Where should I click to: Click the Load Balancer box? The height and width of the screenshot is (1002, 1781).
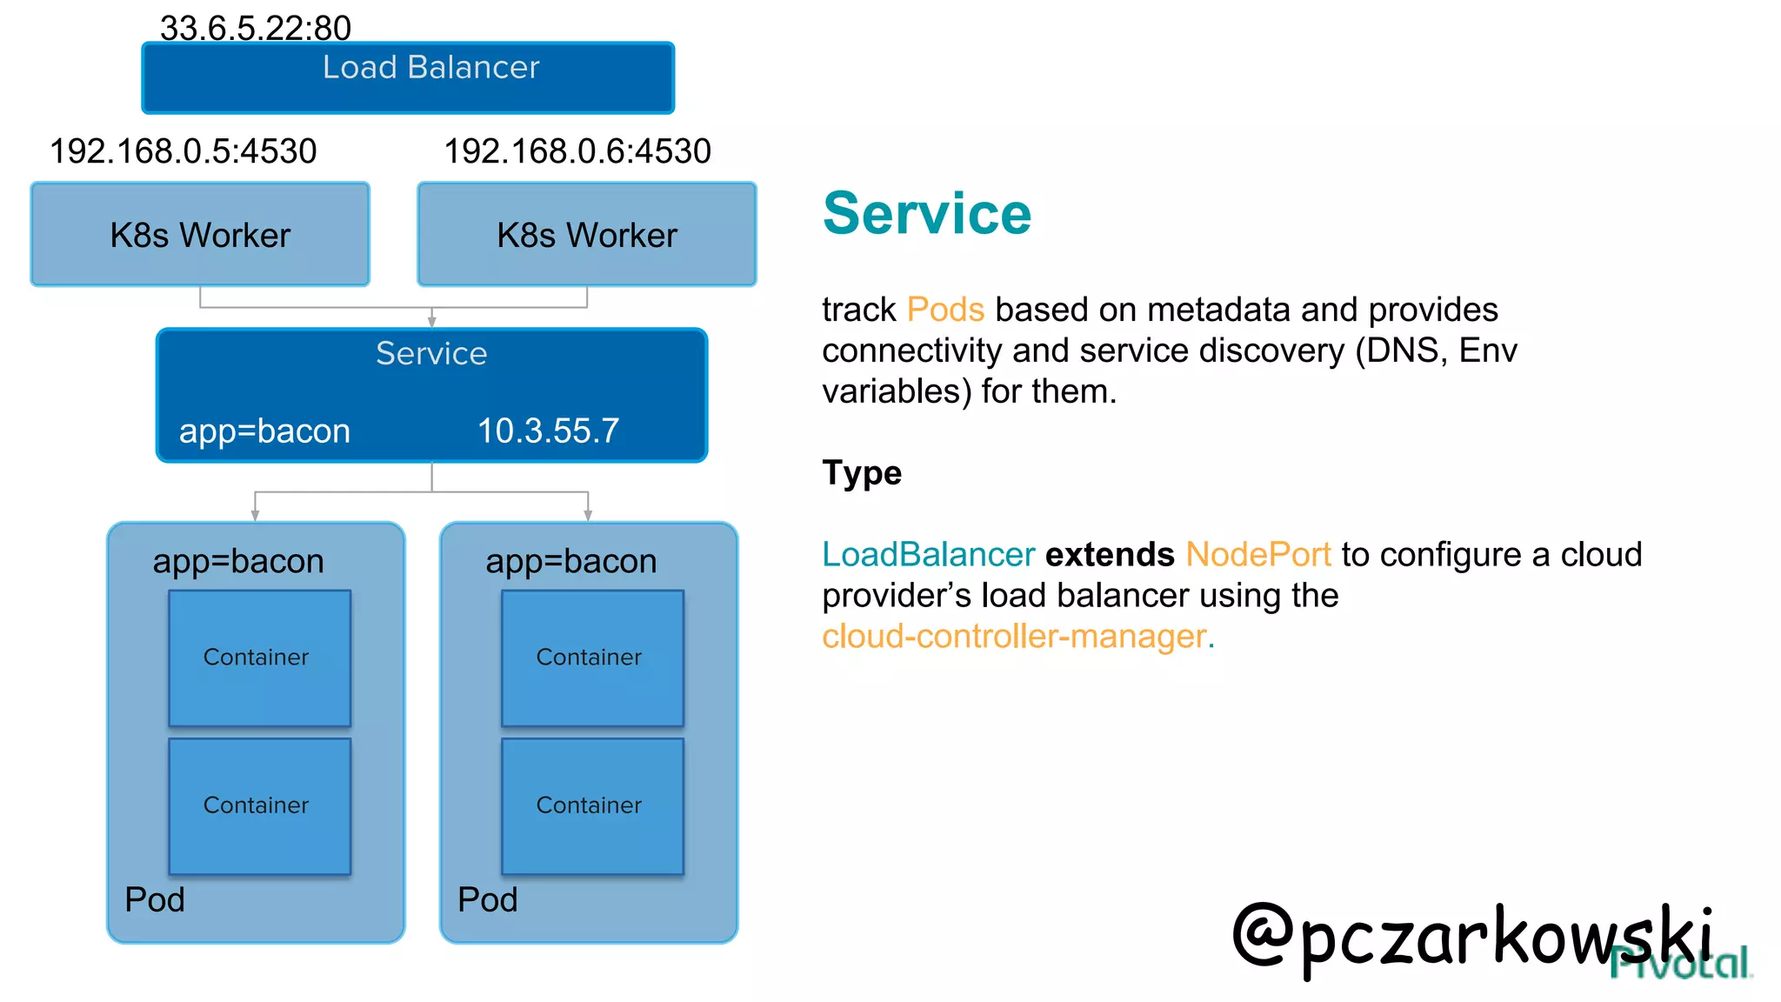tap(408, 78)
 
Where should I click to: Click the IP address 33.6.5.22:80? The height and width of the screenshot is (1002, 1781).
tap(256, 29)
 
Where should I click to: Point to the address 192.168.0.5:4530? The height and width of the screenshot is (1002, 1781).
tap(183, 151)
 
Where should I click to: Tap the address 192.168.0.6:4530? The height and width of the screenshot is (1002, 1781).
tap(577, 151)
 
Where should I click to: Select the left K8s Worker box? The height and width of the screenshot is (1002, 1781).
tap(200, 235)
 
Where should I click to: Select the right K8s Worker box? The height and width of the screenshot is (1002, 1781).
tap(587, 235)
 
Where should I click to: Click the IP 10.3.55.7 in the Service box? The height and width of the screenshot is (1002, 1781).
tap(548, 431)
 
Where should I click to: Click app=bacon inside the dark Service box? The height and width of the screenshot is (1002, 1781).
tap(264, 431)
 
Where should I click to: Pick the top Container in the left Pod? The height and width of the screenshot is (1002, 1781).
tap(259, 658)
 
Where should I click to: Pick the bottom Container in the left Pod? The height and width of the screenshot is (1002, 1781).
tap(259, 805)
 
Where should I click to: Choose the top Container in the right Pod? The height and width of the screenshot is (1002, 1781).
tap(592, 658)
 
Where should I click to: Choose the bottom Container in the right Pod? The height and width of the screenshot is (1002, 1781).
tap(592, 805)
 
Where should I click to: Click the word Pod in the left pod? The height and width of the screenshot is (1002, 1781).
tap(155, 899)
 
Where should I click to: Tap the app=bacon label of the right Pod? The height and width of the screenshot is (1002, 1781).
tap(570, 561)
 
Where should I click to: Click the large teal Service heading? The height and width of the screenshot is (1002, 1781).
tap(927, 214)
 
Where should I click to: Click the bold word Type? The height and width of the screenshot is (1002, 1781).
tap(862, 473)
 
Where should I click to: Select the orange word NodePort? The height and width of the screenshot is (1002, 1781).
tap(1258, 554)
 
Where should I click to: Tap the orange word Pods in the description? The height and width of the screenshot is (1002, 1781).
tap(945, 310)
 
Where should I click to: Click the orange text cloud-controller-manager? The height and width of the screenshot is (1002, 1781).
tap(1017, 637)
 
